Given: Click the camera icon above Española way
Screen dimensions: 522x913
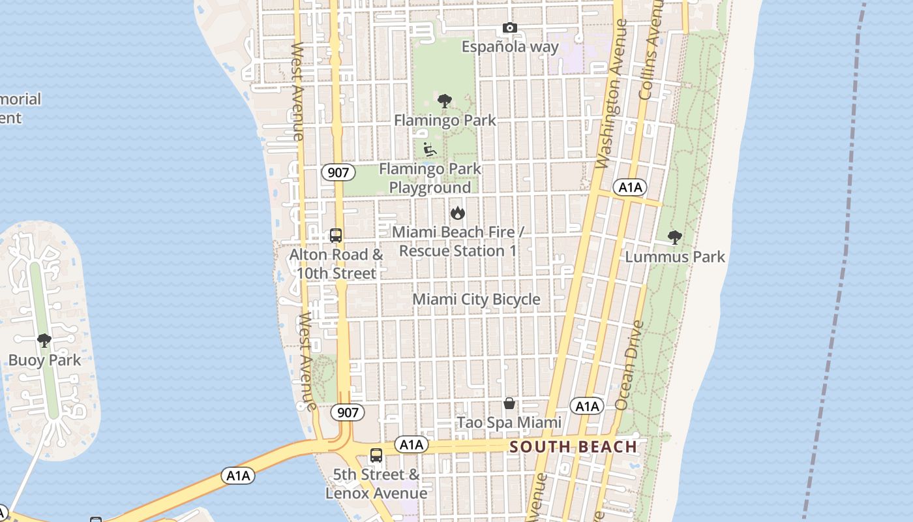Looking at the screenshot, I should [x=510, y=28].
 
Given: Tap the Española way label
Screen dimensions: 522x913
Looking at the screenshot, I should [x=510, y=47].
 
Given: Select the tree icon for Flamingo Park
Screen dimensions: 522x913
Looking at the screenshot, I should [x=445, y=101].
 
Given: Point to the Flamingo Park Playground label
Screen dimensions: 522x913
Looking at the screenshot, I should [x=430, y=178].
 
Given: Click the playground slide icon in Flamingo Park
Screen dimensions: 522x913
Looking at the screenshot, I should [x=430, y=150].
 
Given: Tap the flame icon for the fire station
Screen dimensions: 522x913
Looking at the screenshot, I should [x=458, y=213].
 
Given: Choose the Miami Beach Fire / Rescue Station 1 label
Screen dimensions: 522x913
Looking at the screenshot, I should [x=458, y=241].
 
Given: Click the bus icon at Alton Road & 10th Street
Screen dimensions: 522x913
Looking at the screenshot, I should [x=336, y=236].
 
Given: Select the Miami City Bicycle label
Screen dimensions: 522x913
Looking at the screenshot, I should [x=476, y=299].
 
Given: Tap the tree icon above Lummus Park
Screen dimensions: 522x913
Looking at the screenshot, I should [x=675, y=238].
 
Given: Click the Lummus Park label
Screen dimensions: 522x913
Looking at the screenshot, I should [x=675, y=257].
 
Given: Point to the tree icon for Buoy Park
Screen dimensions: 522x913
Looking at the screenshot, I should [x=44, y=341].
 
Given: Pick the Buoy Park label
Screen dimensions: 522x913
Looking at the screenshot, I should [x=44, y=360].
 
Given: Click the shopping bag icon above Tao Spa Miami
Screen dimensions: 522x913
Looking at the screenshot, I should [x=509, y=403].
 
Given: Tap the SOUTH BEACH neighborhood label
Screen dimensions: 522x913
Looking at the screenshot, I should [x=573, y=447].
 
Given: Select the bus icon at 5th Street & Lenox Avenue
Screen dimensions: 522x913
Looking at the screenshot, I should [x=376, y=455].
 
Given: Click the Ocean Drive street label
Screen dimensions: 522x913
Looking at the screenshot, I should [x=629, y=365].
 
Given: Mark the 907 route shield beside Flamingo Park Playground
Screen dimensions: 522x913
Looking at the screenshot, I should [x=338, y=173].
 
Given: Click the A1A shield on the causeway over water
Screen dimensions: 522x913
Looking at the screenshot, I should [x=238, y=476].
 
